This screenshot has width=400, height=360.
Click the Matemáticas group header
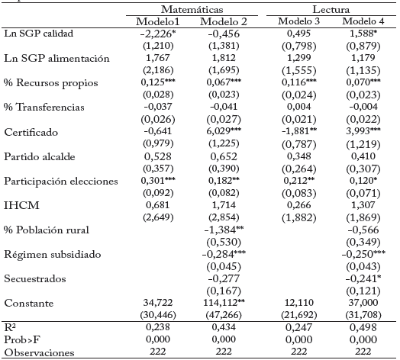point(192,9)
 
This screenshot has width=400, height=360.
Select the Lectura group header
point(331,9)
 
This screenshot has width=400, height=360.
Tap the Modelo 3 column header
point(298,21)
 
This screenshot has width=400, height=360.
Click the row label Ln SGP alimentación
point(56,59)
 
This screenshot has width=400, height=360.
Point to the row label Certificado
point(31,132)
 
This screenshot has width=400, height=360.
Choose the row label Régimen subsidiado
point(53,254)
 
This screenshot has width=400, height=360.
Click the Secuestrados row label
point(35,278)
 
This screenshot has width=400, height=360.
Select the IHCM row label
point(21,205)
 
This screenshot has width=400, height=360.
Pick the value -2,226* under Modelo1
point(158,34)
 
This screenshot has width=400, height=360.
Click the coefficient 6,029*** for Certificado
point(224,131)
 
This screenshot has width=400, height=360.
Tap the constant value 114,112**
point(224,302)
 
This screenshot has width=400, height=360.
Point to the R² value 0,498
point(363,327)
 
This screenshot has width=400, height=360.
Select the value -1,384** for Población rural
point(224,230)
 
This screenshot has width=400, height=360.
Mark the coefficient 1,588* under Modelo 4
point(363,34)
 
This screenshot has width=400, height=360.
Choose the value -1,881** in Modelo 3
point(299,131)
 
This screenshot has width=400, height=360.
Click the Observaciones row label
point(39,352)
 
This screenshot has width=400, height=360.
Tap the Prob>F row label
point(22,339)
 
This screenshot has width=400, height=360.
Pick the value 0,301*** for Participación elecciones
point(158,181)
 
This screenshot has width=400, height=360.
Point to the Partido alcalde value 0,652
point(224,156)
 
